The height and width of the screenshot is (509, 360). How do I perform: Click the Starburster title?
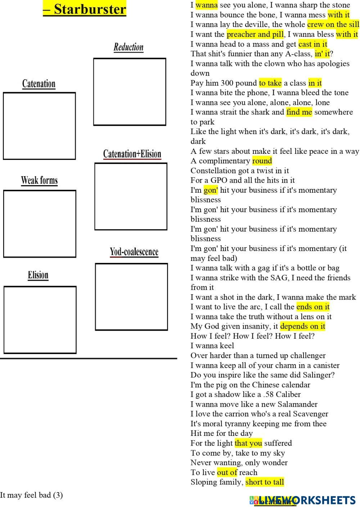pos(85,9)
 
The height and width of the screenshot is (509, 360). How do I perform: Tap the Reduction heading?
pos(129,47)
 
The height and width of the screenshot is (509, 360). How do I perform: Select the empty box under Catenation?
pos(39,126)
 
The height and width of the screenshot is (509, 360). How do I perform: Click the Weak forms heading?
pos(39,180)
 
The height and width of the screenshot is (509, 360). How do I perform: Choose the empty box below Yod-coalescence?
pos(131,296)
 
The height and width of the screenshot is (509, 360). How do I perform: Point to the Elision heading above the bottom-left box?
pos(38,275)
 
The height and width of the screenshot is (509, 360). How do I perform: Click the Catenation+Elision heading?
pos(132,154)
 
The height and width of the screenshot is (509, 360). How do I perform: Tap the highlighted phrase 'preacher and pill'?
pos(255,34)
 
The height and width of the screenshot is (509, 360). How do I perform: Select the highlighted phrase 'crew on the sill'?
pos(333,24)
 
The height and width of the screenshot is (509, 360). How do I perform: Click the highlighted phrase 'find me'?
pos(299,112)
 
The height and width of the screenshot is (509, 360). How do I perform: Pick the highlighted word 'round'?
pos(262,161)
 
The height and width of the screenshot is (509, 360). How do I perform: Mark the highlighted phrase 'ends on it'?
pos(313,307)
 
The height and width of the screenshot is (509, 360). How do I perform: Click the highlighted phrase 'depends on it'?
pos(302,326)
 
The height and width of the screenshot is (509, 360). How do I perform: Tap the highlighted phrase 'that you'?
pos(248,443)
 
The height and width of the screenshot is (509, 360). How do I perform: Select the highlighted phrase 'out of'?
pos(227,472)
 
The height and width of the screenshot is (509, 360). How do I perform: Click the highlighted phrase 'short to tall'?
pos(265,482)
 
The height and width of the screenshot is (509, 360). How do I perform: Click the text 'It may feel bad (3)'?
pos(31,495)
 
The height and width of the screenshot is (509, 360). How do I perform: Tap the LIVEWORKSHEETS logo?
pos(302,500)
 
